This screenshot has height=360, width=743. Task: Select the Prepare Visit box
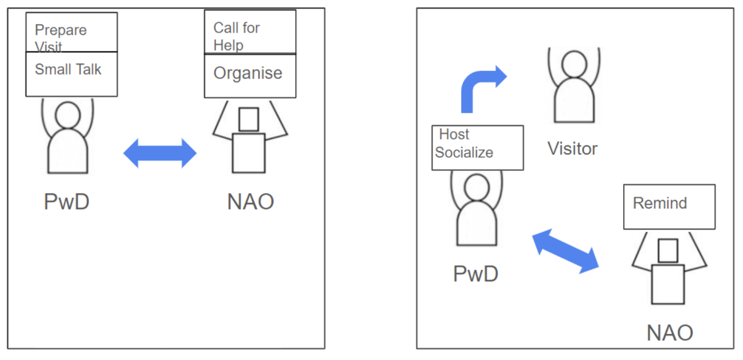click(71, 32)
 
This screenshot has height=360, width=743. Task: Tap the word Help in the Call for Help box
click(228, 45)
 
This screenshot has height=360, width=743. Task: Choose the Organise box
click(250, 76)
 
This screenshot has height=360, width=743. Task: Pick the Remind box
click(669, 206)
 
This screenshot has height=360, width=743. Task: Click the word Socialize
click(464, 152)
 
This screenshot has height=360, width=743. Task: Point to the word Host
click(454, 134)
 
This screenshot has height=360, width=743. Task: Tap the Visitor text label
click(572, 149)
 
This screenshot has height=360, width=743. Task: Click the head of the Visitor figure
click(574, 64)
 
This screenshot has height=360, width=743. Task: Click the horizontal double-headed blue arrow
click(160, 153)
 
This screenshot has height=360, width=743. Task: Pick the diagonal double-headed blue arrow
click(565, 251)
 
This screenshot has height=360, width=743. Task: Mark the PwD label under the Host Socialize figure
click(475, 274)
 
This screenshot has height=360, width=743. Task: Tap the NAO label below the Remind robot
click(670, 333)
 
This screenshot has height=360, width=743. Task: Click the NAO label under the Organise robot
click(250, 202)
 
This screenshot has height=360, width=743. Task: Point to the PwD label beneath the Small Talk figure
click(67, 202)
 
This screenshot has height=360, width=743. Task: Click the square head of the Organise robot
click(249, 120)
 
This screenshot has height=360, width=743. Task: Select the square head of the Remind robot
click(668, 251)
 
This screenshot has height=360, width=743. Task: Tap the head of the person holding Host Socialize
click(477, 187)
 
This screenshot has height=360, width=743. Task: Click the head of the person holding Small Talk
click(68, 115)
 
